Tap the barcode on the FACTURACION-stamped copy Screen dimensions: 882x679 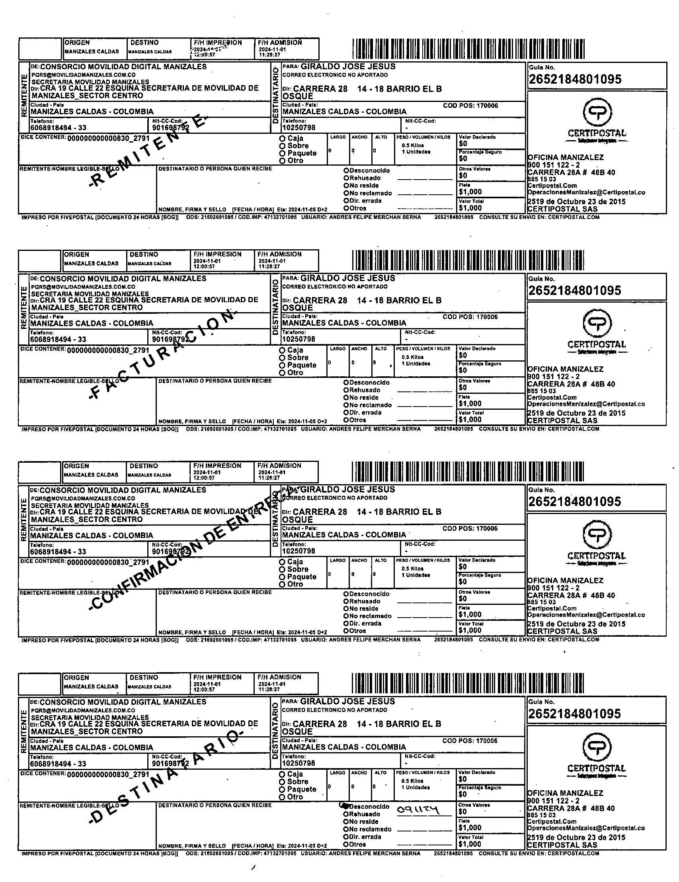[x=468, y=260]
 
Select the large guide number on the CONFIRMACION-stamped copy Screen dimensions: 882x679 [x=574, y=502]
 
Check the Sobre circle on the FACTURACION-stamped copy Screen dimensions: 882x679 [x=282, y=358]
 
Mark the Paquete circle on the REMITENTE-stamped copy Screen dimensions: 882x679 [x=283, y=153]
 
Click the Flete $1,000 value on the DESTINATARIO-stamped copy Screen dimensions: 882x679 [x=470, y=827]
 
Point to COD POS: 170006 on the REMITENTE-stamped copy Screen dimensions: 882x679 [x=470, y=106]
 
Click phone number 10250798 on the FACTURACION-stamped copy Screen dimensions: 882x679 [x=299, y=339]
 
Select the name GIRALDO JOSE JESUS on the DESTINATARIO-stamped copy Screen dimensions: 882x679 [x=347, y=702]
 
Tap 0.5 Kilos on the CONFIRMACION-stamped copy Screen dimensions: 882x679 [x=412, y=569]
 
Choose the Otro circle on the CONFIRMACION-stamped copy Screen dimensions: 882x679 [x=282, y=585]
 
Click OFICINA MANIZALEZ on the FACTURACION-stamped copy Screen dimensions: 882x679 [x=565, y=369]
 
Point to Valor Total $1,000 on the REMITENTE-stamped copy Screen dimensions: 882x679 [x=470, y=208]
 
